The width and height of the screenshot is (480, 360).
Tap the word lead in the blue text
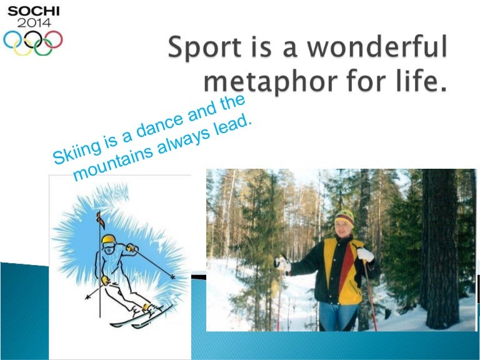[236, 122]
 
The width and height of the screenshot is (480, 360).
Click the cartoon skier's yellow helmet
[109, 240]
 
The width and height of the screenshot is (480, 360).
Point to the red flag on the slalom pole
[97, 218]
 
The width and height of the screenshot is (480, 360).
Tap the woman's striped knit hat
[344, 216]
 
